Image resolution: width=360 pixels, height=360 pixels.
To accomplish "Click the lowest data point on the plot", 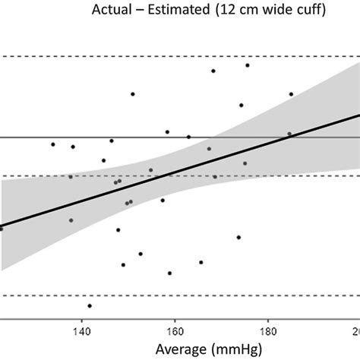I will (x=90, y=306).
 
